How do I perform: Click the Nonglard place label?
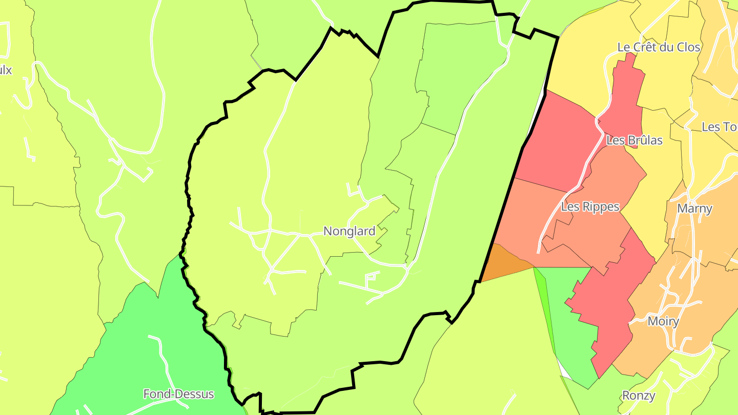[349, 232]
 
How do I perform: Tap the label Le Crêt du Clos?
[659, 48]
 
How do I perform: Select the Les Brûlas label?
[634, 140]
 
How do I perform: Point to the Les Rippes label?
[590, 207]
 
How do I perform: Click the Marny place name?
[694, 209]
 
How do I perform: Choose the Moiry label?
[663, 322]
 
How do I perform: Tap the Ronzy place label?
[638, 396]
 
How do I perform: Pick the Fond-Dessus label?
[178, 394]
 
